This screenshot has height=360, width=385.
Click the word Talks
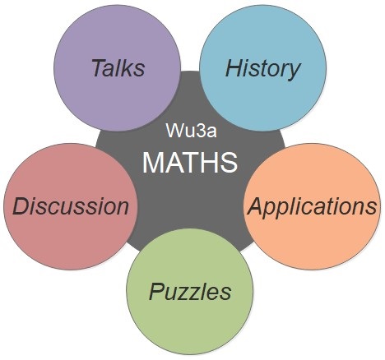pyautogui.click(x=118, y=67)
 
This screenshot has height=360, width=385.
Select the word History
pyautogui.click(x=262, y=69)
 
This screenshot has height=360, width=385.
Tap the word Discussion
pyautogui.click(x=71, y=206)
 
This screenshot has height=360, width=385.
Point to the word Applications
pyautogui.click(x=312, y=207)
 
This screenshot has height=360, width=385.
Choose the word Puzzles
pyautogui.click(x=190, y=292)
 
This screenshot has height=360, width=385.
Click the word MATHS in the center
pyautogui.click(x=190, y=162)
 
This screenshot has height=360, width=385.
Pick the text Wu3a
pyautogui.click(x=192, y=131)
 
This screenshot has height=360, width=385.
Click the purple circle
pyautogui.click(x=118, y=67)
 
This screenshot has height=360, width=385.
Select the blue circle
pyautogui.click(x=263, y=67)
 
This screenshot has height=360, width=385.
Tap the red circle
pyautogui.click(x=71, y=206)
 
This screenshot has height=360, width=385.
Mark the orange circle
pyautogui.click(x=312, y=206)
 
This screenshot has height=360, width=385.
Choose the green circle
pyautogui.click(x=190, y=292)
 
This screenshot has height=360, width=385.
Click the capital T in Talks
pyautogui.click(x=99, y=67)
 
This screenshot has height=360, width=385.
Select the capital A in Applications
pyautogui.click(x=257, y=206)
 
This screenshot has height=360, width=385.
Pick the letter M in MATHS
pyautogui.click(x=152, y=162)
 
